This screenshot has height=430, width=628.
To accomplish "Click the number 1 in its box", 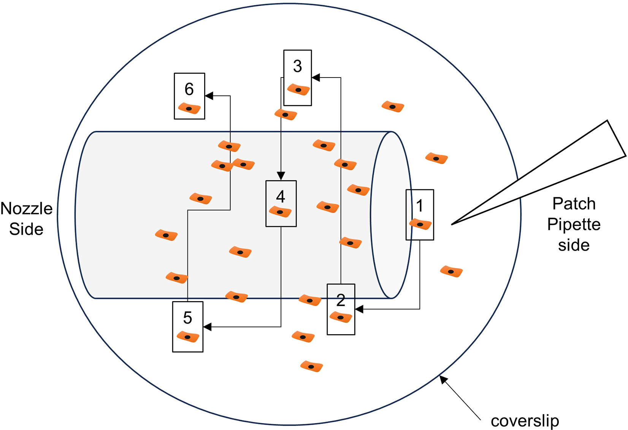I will point(420,206).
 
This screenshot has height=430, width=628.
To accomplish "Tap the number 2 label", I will point(341,300).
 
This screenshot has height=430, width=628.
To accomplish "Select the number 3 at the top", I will point(298,66).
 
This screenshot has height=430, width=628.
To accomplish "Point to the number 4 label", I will point(281,197).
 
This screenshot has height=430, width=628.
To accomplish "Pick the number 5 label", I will point(187,318).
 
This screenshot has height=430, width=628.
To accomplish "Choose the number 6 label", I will point(189,89).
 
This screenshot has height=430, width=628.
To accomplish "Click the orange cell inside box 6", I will point(189,109).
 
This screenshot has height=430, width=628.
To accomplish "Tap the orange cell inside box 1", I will point(420,224).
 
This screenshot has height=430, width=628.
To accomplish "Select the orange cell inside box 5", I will point(188,337).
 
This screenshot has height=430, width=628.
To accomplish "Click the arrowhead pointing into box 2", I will point(359,309).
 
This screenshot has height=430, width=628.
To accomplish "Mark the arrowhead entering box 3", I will point(316,78).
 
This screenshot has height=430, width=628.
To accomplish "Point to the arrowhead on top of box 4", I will point(281,176).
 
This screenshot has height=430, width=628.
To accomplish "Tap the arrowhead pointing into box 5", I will point(207,327).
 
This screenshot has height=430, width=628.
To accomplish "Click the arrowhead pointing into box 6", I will point(209,96).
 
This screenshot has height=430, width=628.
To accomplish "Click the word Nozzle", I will point(27,208).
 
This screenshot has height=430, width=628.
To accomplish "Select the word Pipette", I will point(574,224).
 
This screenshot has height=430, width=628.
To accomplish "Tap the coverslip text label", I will point(525,421).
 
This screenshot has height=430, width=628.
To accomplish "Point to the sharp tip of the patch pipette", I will point(452,224).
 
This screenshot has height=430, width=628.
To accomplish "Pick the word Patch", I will point(574,204).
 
